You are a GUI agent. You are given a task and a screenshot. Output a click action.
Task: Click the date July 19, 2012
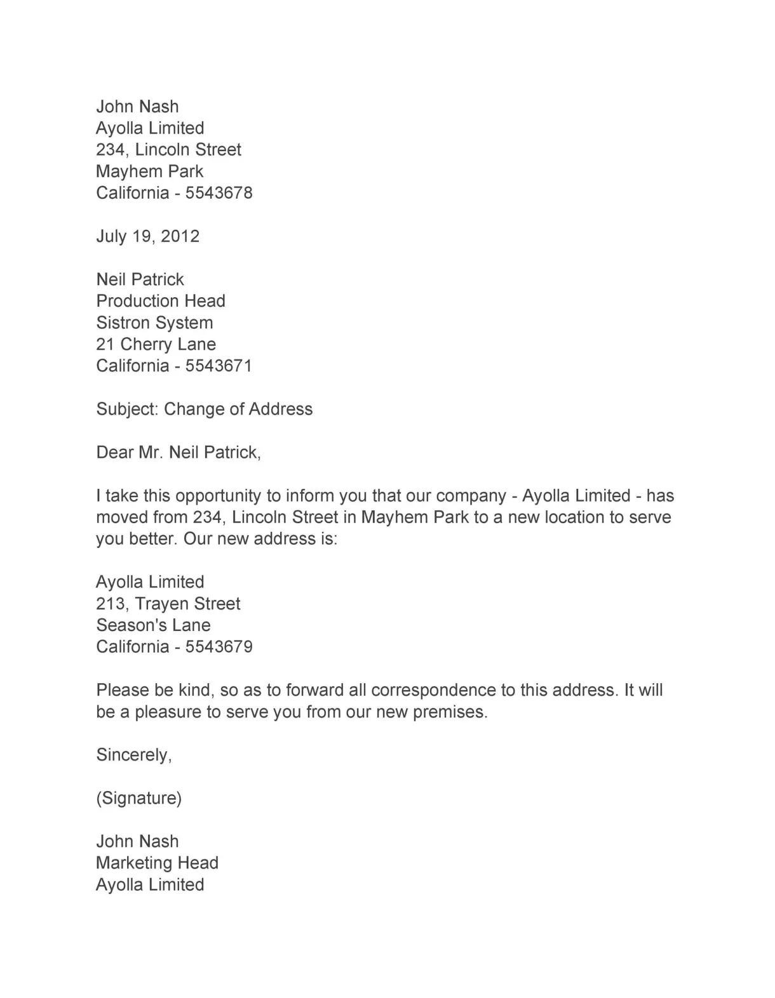(x=147, y=237)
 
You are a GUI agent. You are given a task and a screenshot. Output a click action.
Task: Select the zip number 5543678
(x=219, y=193)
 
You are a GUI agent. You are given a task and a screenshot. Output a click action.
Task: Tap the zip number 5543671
(x=219, y=366)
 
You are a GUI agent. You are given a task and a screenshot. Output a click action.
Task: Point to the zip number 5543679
(x=219, y=647)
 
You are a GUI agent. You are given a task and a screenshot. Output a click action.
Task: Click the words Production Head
(x=161, y=301)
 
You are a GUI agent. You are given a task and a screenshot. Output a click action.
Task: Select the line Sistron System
(x=154, y=323)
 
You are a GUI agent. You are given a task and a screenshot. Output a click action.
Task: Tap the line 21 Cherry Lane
(x=156, y=345)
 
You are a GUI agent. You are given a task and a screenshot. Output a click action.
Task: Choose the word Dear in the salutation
(x=114, y=453)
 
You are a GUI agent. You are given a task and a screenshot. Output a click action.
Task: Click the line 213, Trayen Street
(x=168, y=604)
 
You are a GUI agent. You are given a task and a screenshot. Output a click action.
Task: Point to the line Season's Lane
(x=153, y=625)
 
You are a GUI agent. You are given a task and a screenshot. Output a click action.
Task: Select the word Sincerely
(x=133, y=755)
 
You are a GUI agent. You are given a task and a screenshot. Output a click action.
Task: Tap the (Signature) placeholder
(x=138, y=798)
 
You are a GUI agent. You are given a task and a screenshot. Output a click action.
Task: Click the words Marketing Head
(x=157, y=863)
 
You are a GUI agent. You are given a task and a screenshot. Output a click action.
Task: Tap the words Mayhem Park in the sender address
(x=149, y=171)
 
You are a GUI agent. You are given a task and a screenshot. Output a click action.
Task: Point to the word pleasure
(x=168, y=712)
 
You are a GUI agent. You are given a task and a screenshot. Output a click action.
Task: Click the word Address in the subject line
(x=280, y=409)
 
